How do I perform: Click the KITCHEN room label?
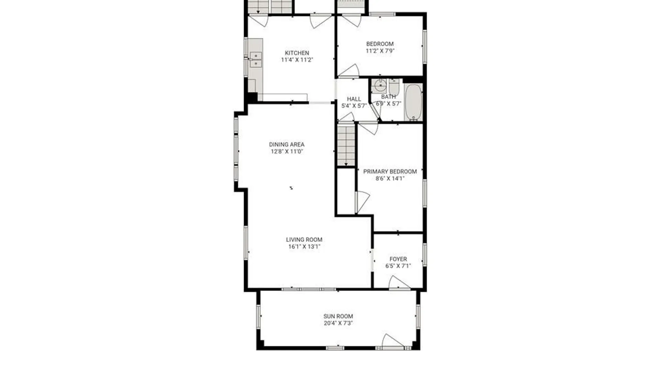(297, 53)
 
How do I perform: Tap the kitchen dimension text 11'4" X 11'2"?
(297, 60)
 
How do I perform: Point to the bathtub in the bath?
(413, 102)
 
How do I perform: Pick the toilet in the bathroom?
(394, 88)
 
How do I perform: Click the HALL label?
(354, 99)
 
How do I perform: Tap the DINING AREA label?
(287, 145)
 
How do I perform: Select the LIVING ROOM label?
(304, 240)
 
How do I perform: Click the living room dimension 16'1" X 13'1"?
(304, 247)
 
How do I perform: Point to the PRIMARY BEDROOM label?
(390, 171)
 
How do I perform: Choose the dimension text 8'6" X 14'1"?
(390, 178)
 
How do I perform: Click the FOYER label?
(398, 259)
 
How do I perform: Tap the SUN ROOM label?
(338, 316)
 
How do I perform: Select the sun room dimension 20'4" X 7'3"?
(338, 323)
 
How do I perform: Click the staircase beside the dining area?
(346, 146)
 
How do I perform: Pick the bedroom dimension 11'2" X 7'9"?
(380, 51)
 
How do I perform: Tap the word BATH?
(388, 97)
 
